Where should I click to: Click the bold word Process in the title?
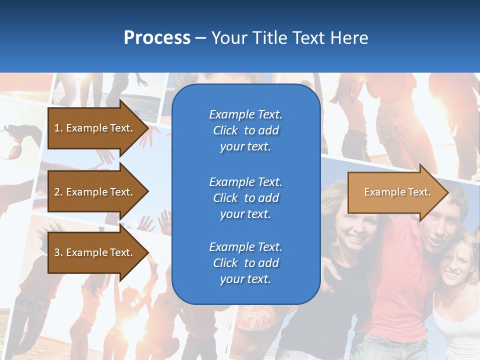157,38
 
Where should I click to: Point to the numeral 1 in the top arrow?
57,128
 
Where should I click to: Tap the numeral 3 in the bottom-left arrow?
57,252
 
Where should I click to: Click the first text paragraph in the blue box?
245,130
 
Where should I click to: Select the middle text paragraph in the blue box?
245,198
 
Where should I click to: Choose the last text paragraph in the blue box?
245,263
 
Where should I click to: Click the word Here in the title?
349,38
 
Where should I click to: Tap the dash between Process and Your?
201,38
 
